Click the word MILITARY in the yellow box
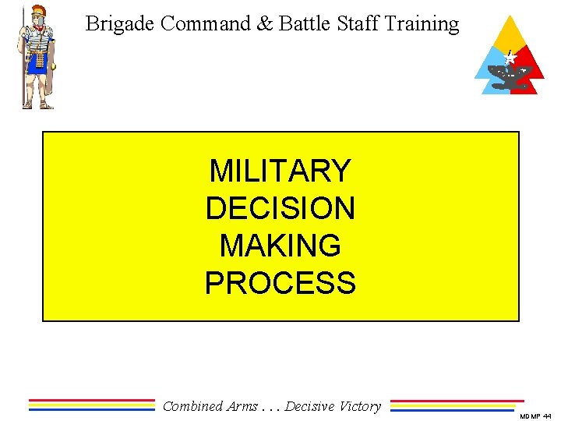tap(280, 170)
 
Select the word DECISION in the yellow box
tap(280, 207)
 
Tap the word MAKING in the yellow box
tap(280, 246)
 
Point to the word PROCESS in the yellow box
tap(280, 283)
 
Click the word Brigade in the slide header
tap(120, 24)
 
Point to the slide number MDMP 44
tap(535, 416)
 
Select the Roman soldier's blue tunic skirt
tap(37, 62)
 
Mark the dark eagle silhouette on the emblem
tap(511, 76)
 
